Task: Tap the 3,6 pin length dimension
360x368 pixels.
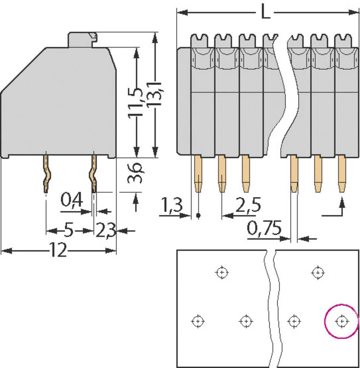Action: (136, 174)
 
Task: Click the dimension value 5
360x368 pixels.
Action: (68, 231)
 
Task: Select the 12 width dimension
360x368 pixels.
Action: (58, 251)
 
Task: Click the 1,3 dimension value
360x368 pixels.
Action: (172, 206)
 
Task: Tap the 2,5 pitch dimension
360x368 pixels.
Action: (248, 206)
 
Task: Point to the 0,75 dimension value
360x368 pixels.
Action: (264, 229)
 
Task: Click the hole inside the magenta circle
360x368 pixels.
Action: (341, 321)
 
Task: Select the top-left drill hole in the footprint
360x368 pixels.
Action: (221, 273)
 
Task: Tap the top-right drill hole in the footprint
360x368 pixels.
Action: (318, 273)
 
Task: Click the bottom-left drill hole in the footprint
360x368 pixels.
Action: (198, 321)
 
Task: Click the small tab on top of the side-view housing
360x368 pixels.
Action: (82, 39)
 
